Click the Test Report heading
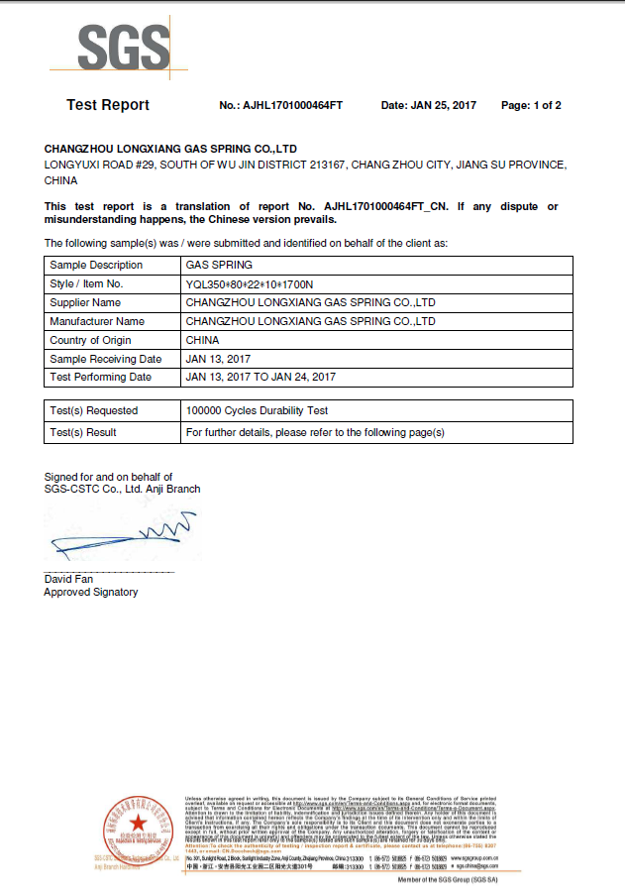[x=108, y=105]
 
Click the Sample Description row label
[x=96, y=265]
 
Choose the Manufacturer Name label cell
[x=97, y=321]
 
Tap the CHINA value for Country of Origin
[x=203, y=340]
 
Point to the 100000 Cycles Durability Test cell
[x=257, y=410]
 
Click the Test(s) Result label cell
[x=83, y=432]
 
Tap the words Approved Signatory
[x=91, y=592]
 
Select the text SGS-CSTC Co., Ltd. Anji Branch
[x=122, y=489]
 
